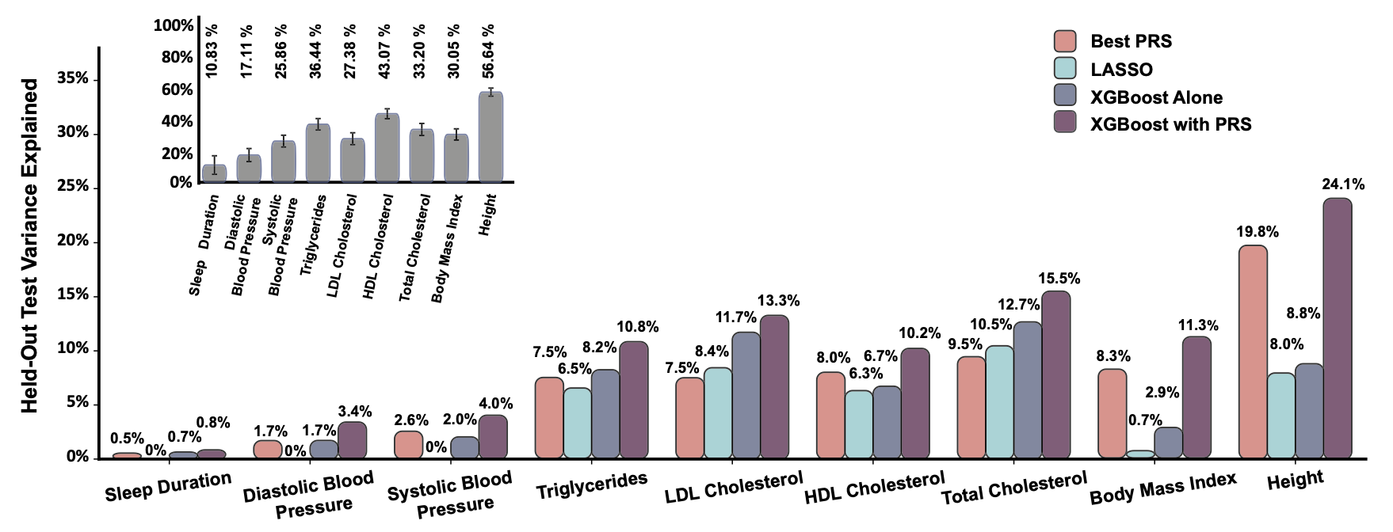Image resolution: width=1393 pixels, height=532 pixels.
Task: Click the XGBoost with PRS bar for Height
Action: click(x=1338, y=328)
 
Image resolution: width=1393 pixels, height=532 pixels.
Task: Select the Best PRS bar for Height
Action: click(x=1253, y=351)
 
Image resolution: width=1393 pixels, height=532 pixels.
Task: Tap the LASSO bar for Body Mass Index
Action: click(x=1140, y=454)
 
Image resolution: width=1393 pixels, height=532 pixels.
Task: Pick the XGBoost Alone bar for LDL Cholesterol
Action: click(x=746, y=395)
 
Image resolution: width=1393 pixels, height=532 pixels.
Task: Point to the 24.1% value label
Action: click(x=1343, y=184)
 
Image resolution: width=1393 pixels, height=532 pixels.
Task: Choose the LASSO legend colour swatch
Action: click(x=1065, y=69)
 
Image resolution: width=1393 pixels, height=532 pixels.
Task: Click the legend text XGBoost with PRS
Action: click(x=1170, y=124)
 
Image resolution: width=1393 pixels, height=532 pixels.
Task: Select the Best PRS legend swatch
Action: click(x=1065, y=41)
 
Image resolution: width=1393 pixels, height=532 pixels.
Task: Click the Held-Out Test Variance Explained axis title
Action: click(x=29, y=245)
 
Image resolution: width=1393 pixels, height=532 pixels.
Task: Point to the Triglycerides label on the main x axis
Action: click(x=591, y=484)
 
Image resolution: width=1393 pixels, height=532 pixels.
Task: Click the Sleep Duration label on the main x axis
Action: click(x=168, y=485)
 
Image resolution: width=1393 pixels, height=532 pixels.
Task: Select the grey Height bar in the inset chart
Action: click(x=491, y=138)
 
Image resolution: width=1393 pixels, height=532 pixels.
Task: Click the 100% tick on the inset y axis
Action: click(x=174, y=26)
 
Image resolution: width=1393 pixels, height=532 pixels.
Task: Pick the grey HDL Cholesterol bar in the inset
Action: click(x=387, y=148)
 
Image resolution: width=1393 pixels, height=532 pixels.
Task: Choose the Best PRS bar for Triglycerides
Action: click(x=549, y=417)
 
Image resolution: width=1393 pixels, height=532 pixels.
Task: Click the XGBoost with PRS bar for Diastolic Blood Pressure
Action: click(x=353, y=440)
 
